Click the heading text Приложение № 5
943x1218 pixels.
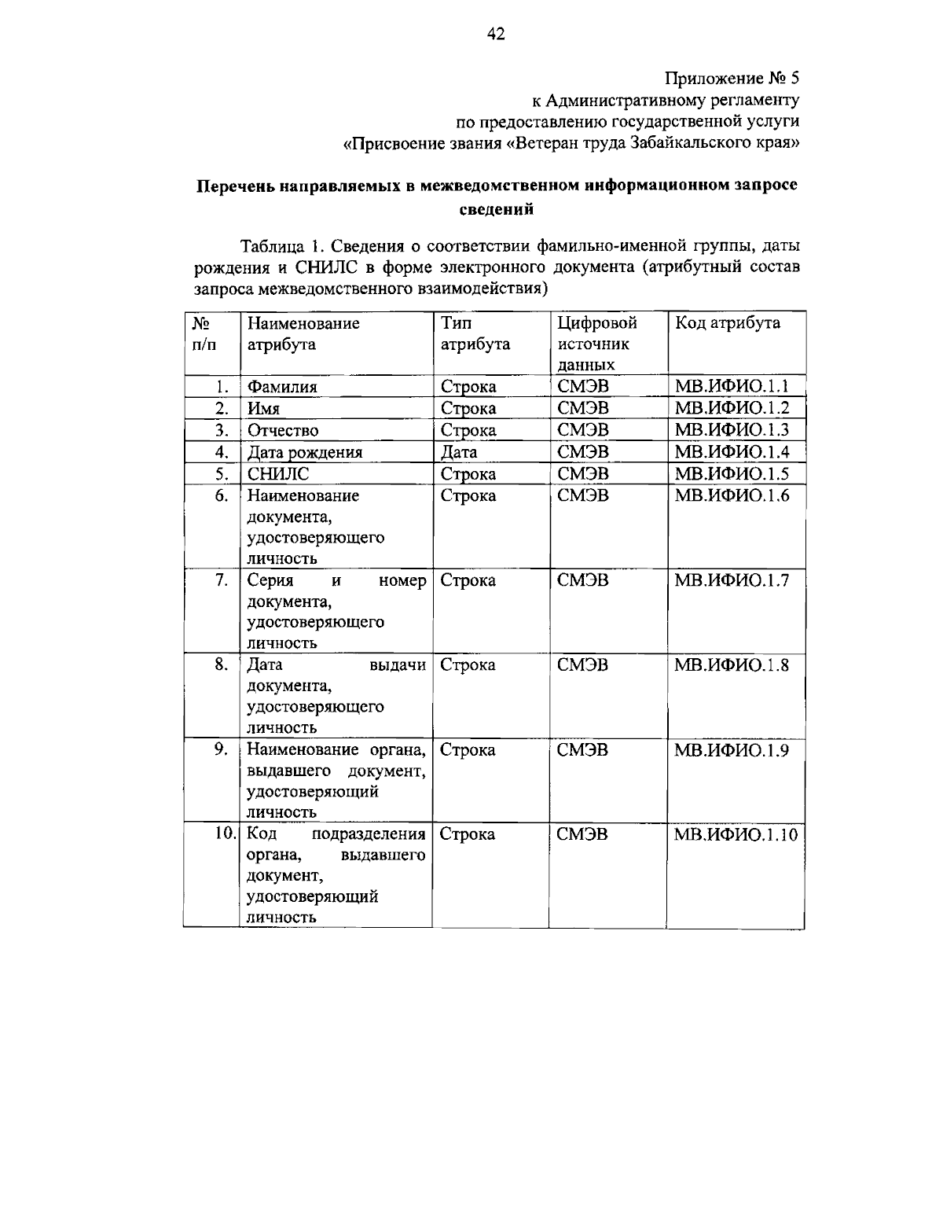732,79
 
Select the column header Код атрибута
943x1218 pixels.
727,323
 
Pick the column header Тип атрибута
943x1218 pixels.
475,333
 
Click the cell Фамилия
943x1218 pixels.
283,387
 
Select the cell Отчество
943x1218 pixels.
283,430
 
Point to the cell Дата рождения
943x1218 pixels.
305,452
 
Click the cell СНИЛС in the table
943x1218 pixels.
278,473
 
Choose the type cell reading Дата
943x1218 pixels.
459,452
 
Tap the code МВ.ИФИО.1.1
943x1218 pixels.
732,386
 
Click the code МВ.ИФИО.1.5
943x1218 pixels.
732,473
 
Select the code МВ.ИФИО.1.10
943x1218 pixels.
736,834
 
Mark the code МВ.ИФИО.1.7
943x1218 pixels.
732,580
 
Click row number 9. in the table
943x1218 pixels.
221,749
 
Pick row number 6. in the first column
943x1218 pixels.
221,495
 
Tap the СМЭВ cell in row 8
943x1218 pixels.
582,665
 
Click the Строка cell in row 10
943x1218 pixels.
468,834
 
